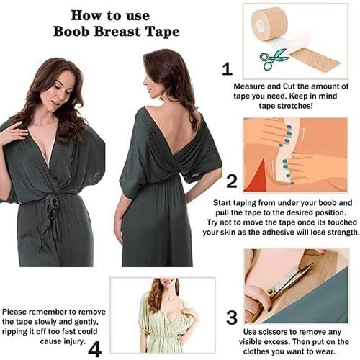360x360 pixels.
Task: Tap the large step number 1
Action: pos(228,69)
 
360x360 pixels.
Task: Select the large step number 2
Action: pos(232,181)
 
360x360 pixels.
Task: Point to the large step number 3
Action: pos(232,318)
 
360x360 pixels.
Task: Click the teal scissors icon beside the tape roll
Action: pos(273,59)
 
